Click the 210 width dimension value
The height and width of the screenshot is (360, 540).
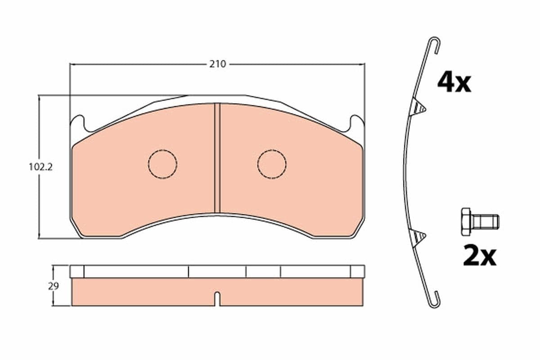point(217,64)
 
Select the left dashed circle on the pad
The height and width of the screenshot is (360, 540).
point(162,163)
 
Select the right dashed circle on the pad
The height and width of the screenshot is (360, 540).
point(272,163)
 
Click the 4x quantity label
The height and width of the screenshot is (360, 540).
point(454,83)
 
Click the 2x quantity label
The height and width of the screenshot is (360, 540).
point(479,256)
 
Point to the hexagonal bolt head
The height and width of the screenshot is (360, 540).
point(466,221)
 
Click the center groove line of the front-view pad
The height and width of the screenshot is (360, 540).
point(217,157)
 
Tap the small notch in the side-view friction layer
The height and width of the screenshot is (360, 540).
point(217,299)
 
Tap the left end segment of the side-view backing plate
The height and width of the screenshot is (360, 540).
point(77,271)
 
